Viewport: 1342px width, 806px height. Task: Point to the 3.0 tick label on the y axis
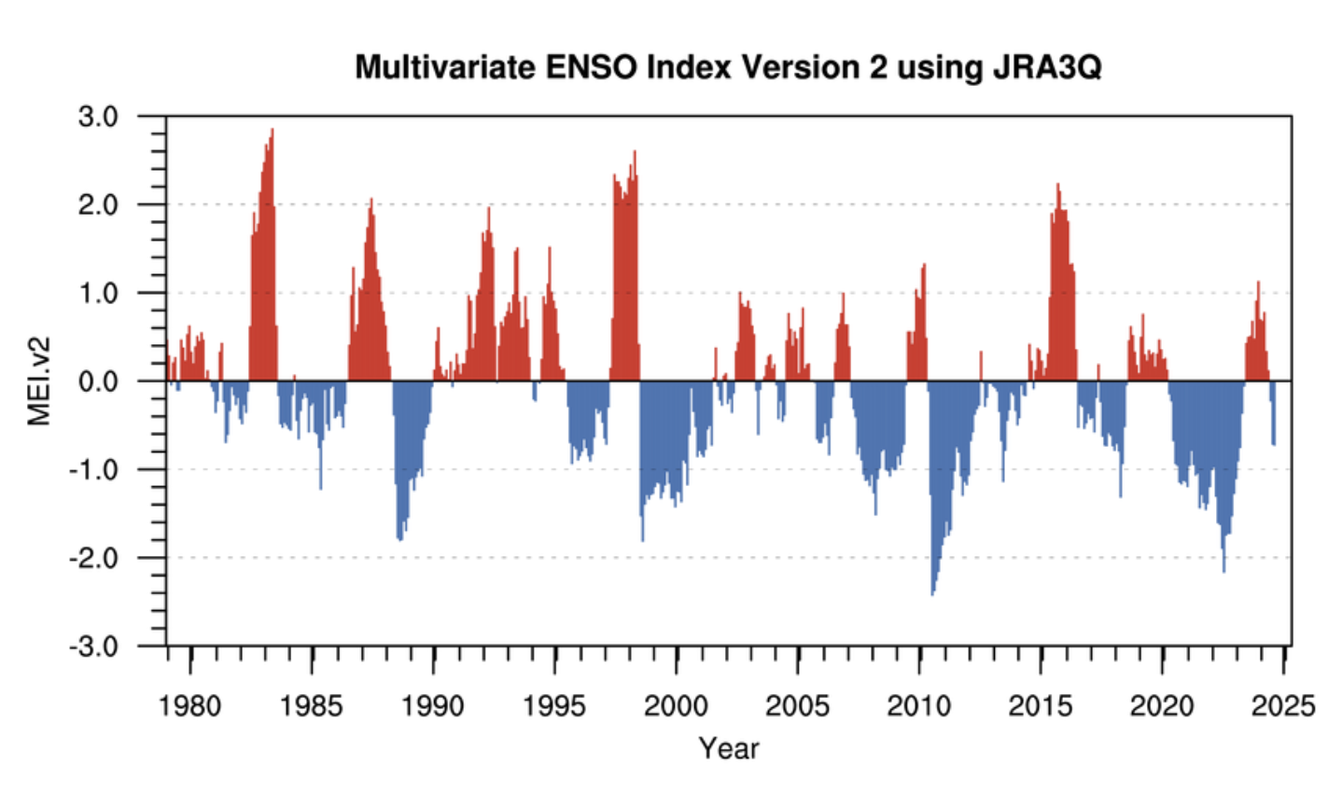(98, 117)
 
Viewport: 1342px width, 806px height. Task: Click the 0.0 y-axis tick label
(98, 381)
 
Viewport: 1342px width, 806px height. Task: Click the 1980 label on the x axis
(190, 705)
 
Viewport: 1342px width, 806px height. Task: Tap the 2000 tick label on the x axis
(676, 705)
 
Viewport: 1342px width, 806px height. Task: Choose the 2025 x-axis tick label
(1283, 705)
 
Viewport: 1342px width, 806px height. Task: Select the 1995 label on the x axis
(554, 705)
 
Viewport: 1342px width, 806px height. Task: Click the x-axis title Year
(729, 748)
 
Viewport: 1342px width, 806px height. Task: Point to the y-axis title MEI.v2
(39, 381)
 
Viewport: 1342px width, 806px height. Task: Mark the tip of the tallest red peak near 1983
(273, 131)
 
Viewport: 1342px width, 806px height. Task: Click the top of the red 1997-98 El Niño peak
(635, 152)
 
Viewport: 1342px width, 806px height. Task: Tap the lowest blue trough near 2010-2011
(931, 593)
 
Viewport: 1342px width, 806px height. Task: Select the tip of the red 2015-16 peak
(1058, 185)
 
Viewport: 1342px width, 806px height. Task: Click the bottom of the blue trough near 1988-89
(400, 539)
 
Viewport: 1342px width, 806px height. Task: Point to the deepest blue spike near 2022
(1223, 570)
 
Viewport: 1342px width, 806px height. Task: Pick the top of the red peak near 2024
(1258, 283)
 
